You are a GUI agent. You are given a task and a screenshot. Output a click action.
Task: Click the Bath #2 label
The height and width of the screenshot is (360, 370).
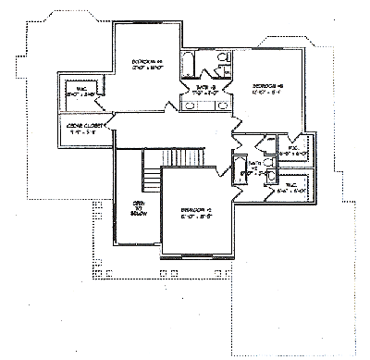tap(248, 168)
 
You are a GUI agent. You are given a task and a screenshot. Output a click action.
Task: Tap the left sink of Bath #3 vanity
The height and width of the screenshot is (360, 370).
tap(191, 105)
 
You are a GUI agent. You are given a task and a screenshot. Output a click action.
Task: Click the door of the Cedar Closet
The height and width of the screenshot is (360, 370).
tap(113, 119)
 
